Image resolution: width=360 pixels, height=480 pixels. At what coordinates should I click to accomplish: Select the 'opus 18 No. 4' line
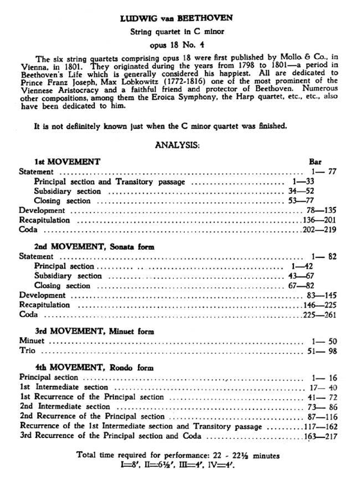click(179, 43)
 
